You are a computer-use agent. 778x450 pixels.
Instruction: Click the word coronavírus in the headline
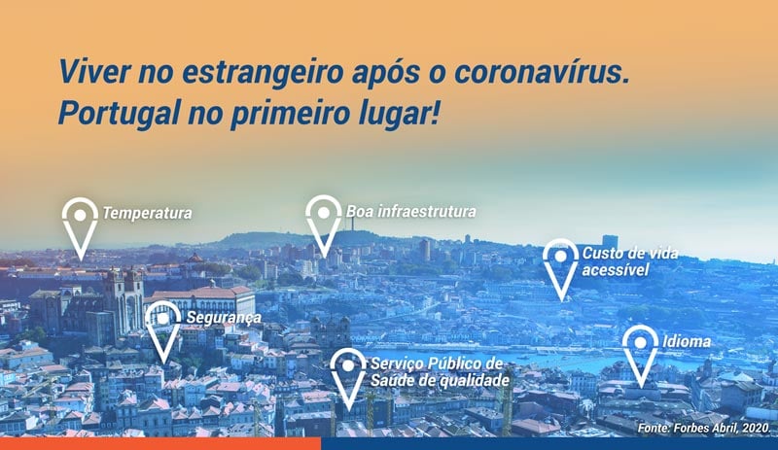pyautogui.click(x=542, y=72)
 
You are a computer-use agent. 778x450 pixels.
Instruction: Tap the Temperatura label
pyautogui.click(x=148, y=214)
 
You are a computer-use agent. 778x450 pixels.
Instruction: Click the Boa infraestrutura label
pyautogui.click(x=410, y=211)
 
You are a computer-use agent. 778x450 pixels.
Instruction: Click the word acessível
pyautogui.click(x=616, y=270)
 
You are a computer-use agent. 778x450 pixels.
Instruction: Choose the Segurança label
pyautogui.click(x=224, y=318)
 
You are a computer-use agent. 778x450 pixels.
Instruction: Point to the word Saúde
pyautogui.click(x=394, y=380)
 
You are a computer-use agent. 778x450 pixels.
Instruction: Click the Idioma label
pyautogui.click(x=687, y=341)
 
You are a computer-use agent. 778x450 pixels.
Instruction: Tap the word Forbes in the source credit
pyautogui.click(x=690, y=428)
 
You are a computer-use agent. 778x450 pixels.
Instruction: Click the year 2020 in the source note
pyautogui.click(x=756, y=428)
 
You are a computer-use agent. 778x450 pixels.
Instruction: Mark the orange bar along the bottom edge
pyautogui.click(x=160, y=443)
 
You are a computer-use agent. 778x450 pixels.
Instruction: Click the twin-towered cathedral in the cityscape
pyautogui.click(x=124, y=302)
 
